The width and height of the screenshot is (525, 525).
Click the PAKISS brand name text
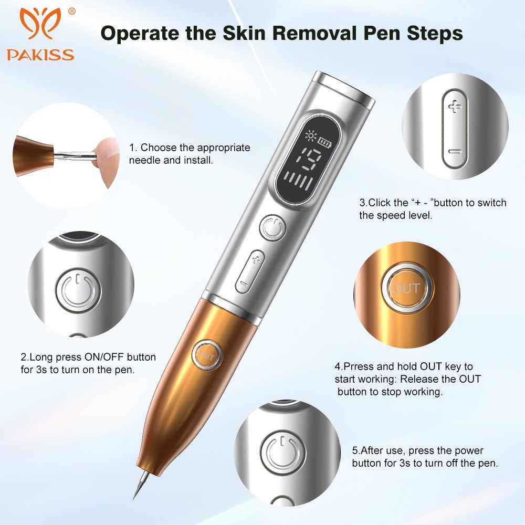coord(40,55)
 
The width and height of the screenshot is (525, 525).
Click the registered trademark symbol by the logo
coord(71,12)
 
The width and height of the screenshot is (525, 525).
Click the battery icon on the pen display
coord(324,142)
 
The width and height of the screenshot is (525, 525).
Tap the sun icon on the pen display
coord(311,135)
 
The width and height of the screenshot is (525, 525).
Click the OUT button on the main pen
coord(206,355)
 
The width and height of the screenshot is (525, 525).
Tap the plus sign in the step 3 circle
coord(455,107)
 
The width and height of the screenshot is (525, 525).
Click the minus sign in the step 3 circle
coord(455,152)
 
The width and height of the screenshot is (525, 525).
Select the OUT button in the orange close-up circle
coord(406,288)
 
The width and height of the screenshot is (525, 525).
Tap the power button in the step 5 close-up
coord(283,453)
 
